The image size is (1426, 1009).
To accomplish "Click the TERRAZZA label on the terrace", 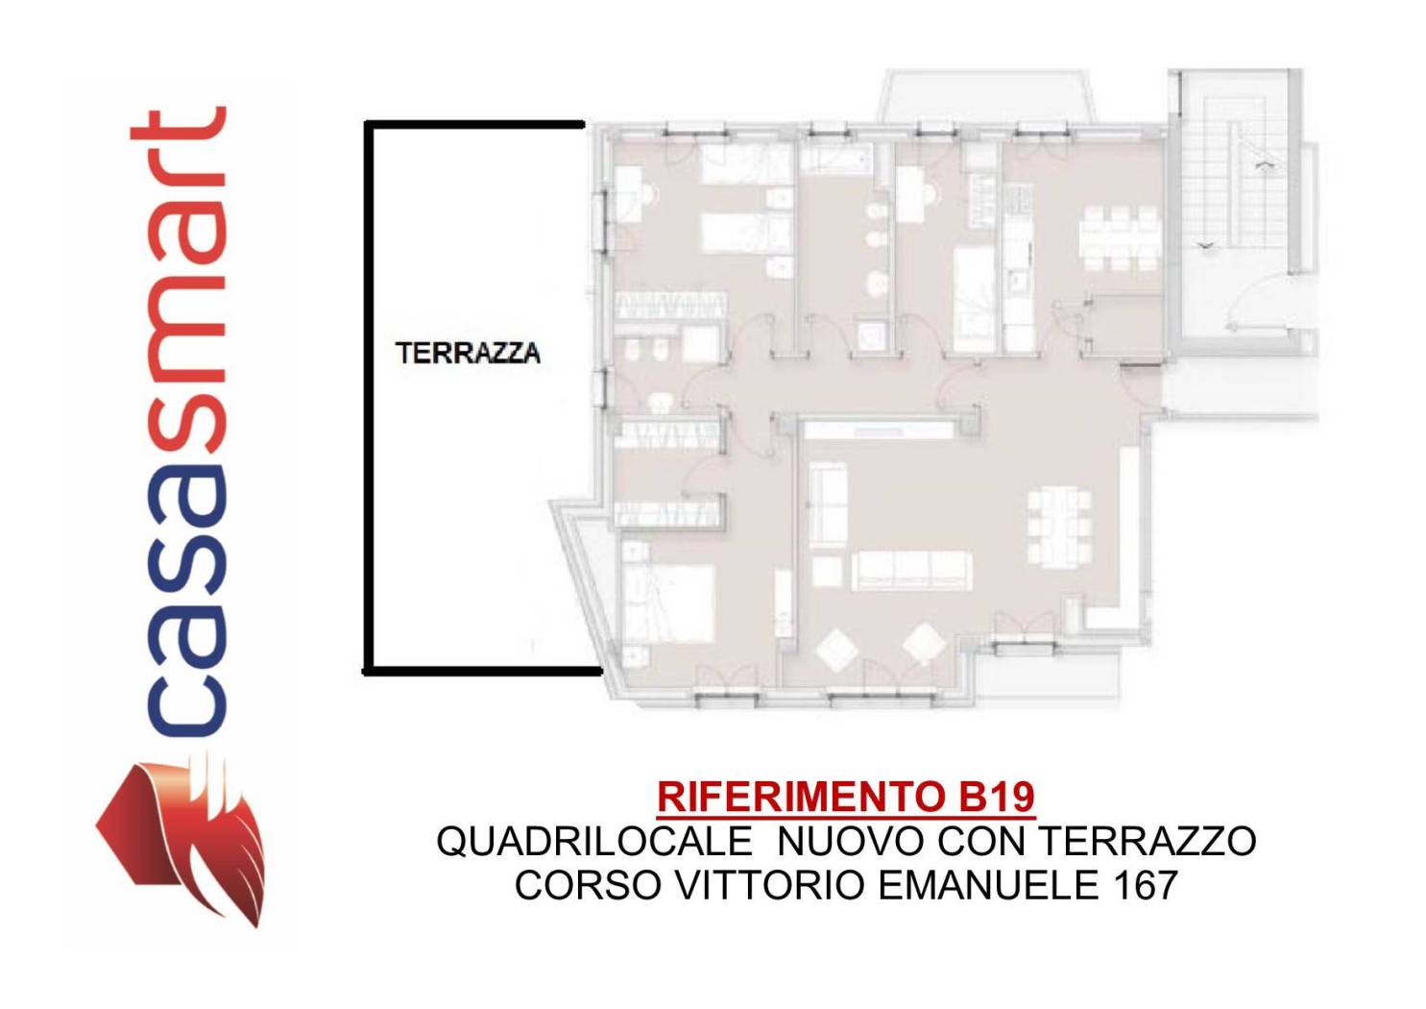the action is point(468,353).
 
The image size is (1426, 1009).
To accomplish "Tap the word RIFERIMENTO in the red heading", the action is point(801,797).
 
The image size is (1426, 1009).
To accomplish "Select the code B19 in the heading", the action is point(997,797).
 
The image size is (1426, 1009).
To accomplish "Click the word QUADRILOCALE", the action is point(594,842).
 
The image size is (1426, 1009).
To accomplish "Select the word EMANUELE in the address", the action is point(989,885).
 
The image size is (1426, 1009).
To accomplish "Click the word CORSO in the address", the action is point(588,885).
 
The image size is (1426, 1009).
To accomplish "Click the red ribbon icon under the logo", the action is point(181,839).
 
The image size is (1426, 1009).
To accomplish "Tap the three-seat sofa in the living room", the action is point(911,570).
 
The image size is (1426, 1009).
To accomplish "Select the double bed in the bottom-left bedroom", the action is point(667,602).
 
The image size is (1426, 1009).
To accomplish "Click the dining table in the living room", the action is point(1059,527).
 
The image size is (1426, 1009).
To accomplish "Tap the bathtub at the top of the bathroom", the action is point(834,158).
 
